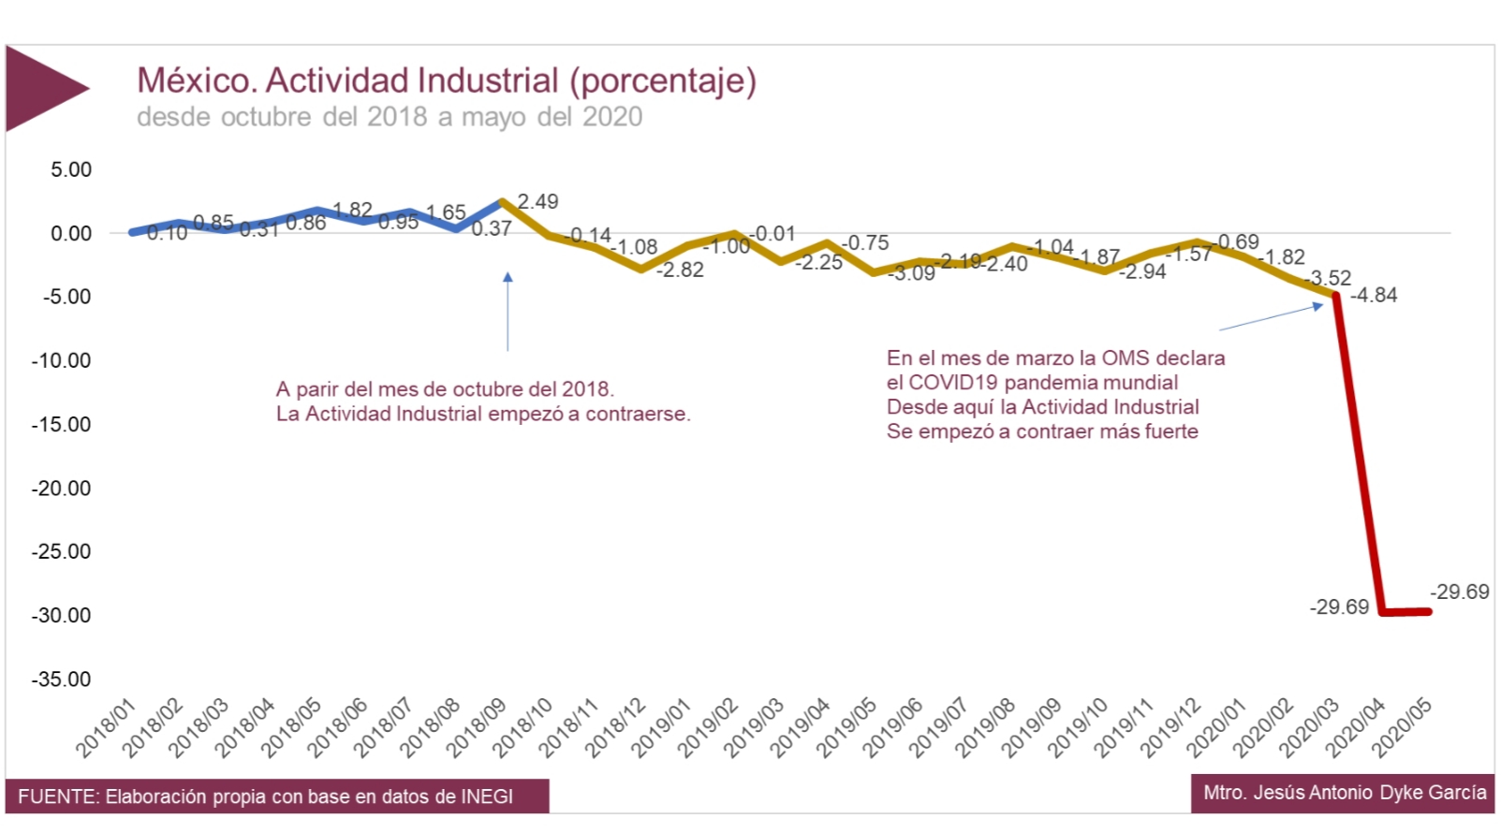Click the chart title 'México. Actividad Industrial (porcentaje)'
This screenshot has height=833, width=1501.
pyautogui.click(x=446, y=80)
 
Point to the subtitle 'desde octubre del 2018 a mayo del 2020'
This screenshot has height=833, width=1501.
pyautogui.click(x=390, y=117)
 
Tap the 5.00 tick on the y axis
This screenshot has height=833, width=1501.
pyautogui.click(x=71, y=169)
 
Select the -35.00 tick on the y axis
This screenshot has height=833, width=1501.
pyautogui.click(x=62, y=680)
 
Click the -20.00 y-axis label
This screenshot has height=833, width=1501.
pyautogui.click(x=62, y=489)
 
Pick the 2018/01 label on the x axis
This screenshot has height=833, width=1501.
pyautogui.click(x=106, y=728)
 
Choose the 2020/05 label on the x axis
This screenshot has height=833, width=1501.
pyautogui.click(x=1402, y=728)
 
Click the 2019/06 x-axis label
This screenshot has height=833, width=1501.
pyautogui.click(x=892, y=728)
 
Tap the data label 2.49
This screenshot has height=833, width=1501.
pyautogui.click(x=537, y=201)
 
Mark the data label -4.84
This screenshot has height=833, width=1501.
pyautogui.click(x=1374, y=295)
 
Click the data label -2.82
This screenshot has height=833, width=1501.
pyautogui.click(x=680, y=270)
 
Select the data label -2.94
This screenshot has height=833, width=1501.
pyautogui.click(x=1142, y=271)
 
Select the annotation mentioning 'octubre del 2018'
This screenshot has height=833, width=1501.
pyautogui.click(x=482, y=402)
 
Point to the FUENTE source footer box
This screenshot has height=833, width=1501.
pyautogui.click(x=277, y=796)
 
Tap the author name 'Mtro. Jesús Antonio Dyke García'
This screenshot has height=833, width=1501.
pyautogui.click(x=1345, y=793)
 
